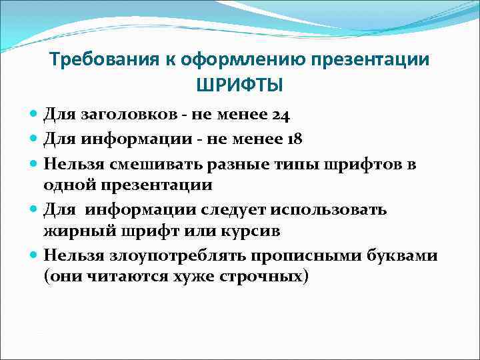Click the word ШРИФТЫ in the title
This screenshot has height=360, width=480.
pos(239,85)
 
